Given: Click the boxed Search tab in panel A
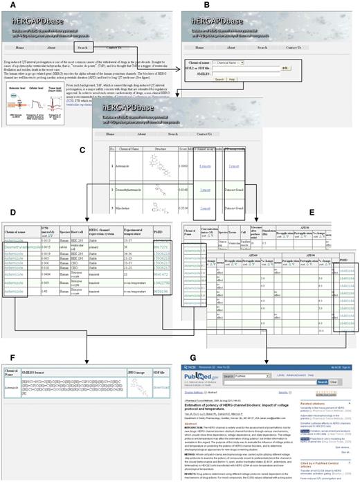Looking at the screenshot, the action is (x=82, y=48).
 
